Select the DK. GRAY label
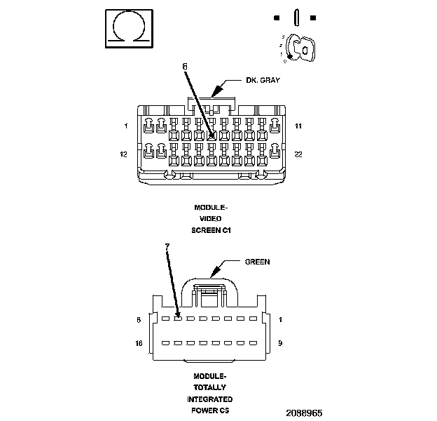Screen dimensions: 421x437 pyautogui.click(x=263, y=80)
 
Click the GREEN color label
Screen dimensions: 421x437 pyautogui.click(x=257, y=262)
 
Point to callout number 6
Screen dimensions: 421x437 pyautogui.click(x=185, y=66)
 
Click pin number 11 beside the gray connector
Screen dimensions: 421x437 pyautogui.click(x=298, y=126)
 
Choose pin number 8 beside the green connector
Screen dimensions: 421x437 pyautogui.click(x=139, y=319)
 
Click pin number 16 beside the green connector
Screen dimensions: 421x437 pyautogui.click(x=139, y=343)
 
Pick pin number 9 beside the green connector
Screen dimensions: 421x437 pyautogui.click(x=280, y=343)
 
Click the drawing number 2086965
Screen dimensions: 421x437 pyautogui.click(x=303, y=413)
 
